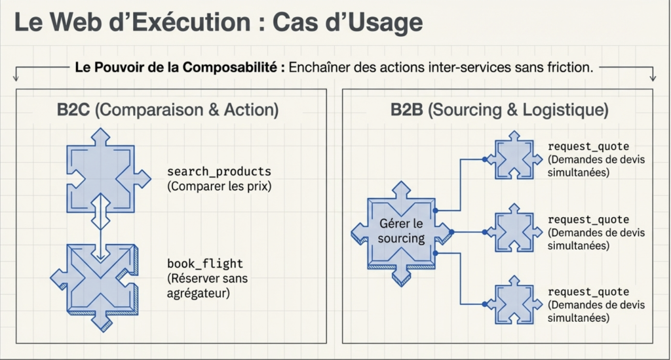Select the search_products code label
click(x=219, y=172)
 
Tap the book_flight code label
click(x=205, y=264)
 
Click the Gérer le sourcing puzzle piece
click(x=401, y=231)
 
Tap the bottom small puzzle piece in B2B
click(x=515, y=304)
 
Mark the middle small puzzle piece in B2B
click(x=515, y=231)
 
